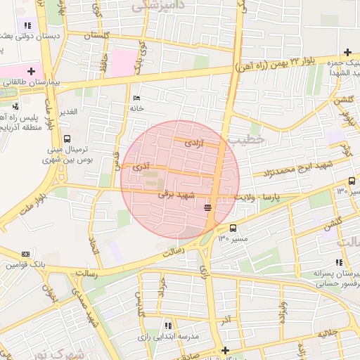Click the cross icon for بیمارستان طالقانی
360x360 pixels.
click(x=31, y=70)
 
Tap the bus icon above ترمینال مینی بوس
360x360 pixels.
click(x=67, y=139)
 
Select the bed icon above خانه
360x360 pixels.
click(x=136, y=98)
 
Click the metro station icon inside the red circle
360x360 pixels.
click(x=207, y=207)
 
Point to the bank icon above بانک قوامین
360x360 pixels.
click(x=27, y=254)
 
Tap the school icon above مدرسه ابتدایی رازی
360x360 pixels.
click(x=167, y=326)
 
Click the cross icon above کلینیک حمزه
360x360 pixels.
click(x=347, y=52)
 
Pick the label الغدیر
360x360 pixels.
click(x=68, y=112)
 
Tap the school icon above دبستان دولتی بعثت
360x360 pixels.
click(x=28, y=25)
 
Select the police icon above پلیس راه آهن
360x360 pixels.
click(x=15, y=105)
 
